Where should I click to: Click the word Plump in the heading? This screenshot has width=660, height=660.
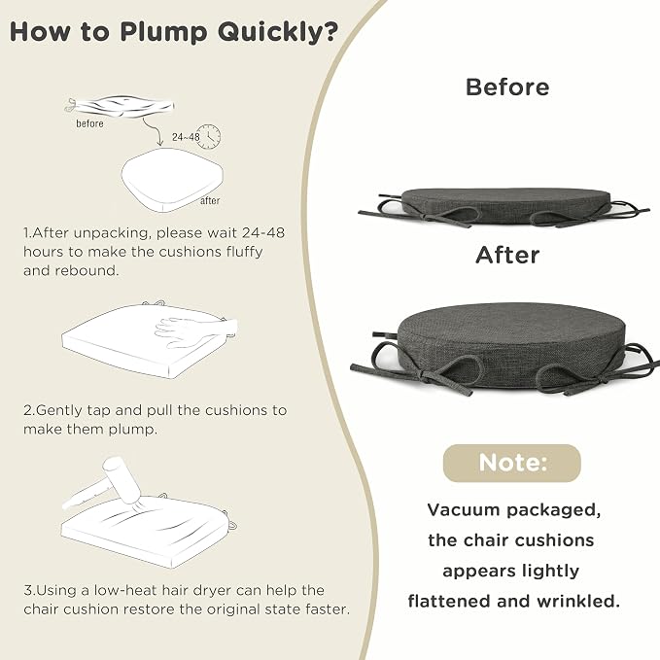click(163, 32)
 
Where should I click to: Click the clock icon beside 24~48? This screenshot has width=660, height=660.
click(208, 136)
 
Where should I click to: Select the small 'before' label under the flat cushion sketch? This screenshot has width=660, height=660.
click(89, 123)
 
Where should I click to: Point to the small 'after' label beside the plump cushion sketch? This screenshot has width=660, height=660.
click(210, 201)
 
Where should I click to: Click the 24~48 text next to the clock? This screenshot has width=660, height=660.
click(186, 137)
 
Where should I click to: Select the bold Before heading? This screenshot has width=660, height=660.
click(507, 87)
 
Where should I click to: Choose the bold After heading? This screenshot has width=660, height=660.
click(507, 255)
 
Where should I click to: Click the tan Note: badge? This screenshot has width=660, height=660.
click(512, 463)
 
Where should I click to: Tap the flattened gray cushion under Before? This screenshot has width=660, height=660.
click(504, 207)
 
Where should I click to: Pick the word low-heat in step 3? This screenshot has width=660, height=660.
click(125, 590)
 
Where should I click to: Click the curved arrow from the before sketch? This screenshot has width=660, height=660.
click(154, 131)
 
